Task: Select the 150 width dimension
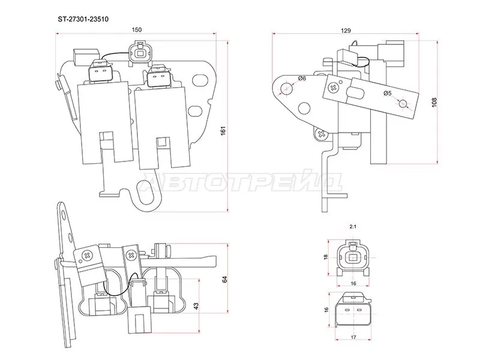137,30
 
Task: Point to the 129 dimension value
345,30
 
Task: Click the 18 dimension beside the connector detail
326,257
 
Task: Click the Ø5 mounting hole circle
404,104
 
